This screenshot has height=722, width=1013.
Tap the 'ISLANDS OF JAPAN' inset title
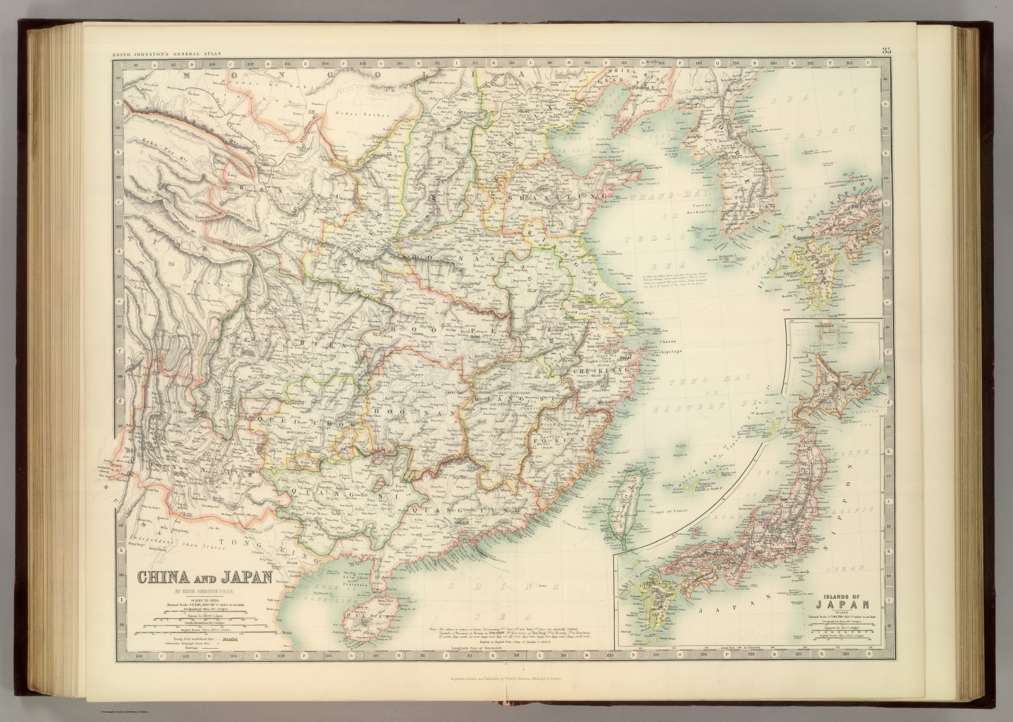click(847, 602)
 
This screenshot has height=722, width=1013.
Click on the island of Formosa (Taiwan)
click(630, 495)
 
